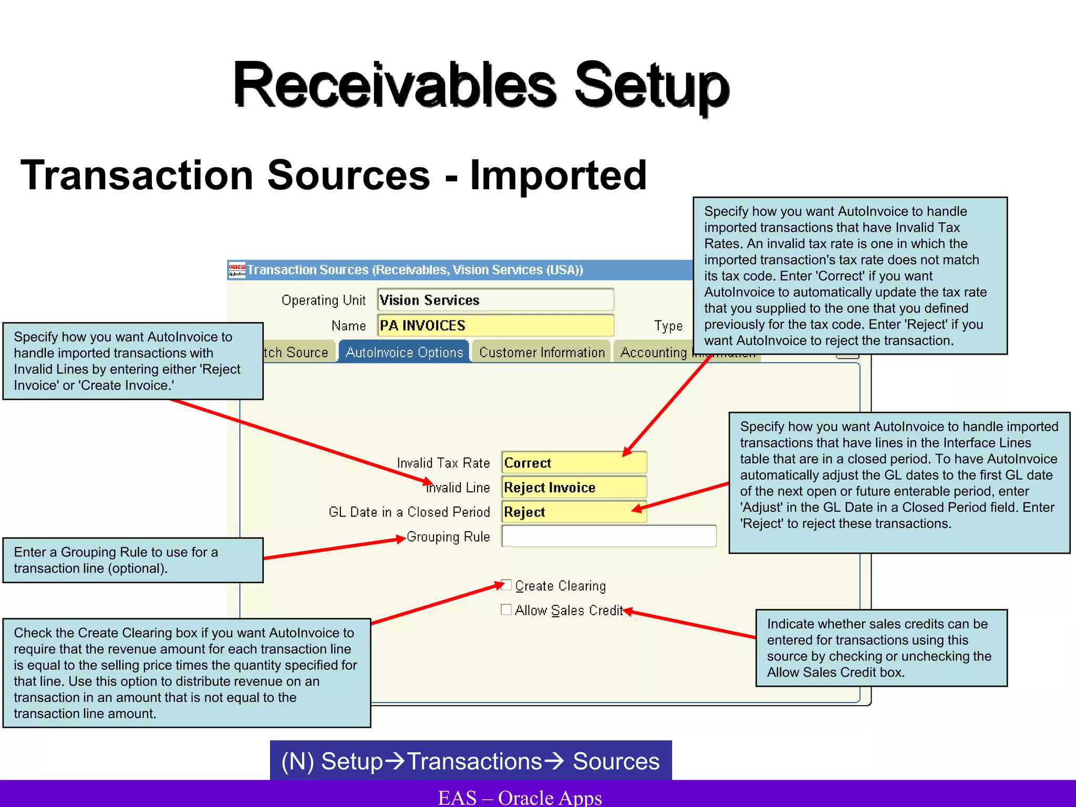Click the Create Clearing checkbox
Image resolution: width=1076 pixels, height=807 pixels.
pos(506,585)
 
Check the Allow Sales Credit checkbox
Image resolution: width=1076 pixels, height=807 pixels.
pos(506,609)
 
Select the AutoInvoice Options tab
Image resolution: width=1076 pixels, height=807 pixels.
pos(404,352)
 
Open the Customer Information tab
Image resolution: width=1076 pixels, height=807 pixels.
pos(542,352)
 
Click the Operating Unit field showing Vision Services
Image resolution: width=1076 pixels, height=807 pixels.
pos(495,300)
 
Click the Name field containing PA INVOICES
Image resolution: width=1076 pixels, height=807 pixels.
pos(495,325)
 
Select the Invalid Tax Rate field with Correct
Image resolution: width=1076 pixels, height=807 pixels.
pos(574,463)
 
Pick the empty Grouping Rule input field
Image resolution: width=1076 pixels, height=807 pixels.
pos(608,536)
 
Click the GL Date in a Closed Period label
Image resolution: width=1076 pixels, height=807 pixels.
pos(409,512)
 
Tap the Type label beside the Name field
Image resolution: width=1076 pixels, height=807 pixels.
pos(668,326)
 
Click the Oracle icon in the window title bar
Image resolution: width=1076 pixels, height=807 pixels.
pos(237,270)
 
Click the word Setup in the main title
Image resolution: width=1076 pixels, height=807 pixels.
pos(651,85)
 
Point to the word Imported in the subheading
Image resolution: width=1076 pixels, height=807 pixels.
pos(558,175)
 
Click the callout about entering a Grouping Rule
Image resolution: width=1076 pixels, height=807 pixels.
pos(132,560)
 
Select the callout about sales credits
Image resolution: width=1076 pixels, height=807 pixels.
pos(881,648)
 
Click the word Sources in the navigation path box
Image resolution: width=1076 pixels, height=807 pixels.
pos(616,761)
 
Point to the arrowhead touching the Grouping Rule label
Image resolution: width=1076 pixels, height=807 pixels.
pos(402,539)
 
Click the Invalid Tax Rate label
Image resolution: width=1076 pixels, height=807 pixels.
pos(443,463)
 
